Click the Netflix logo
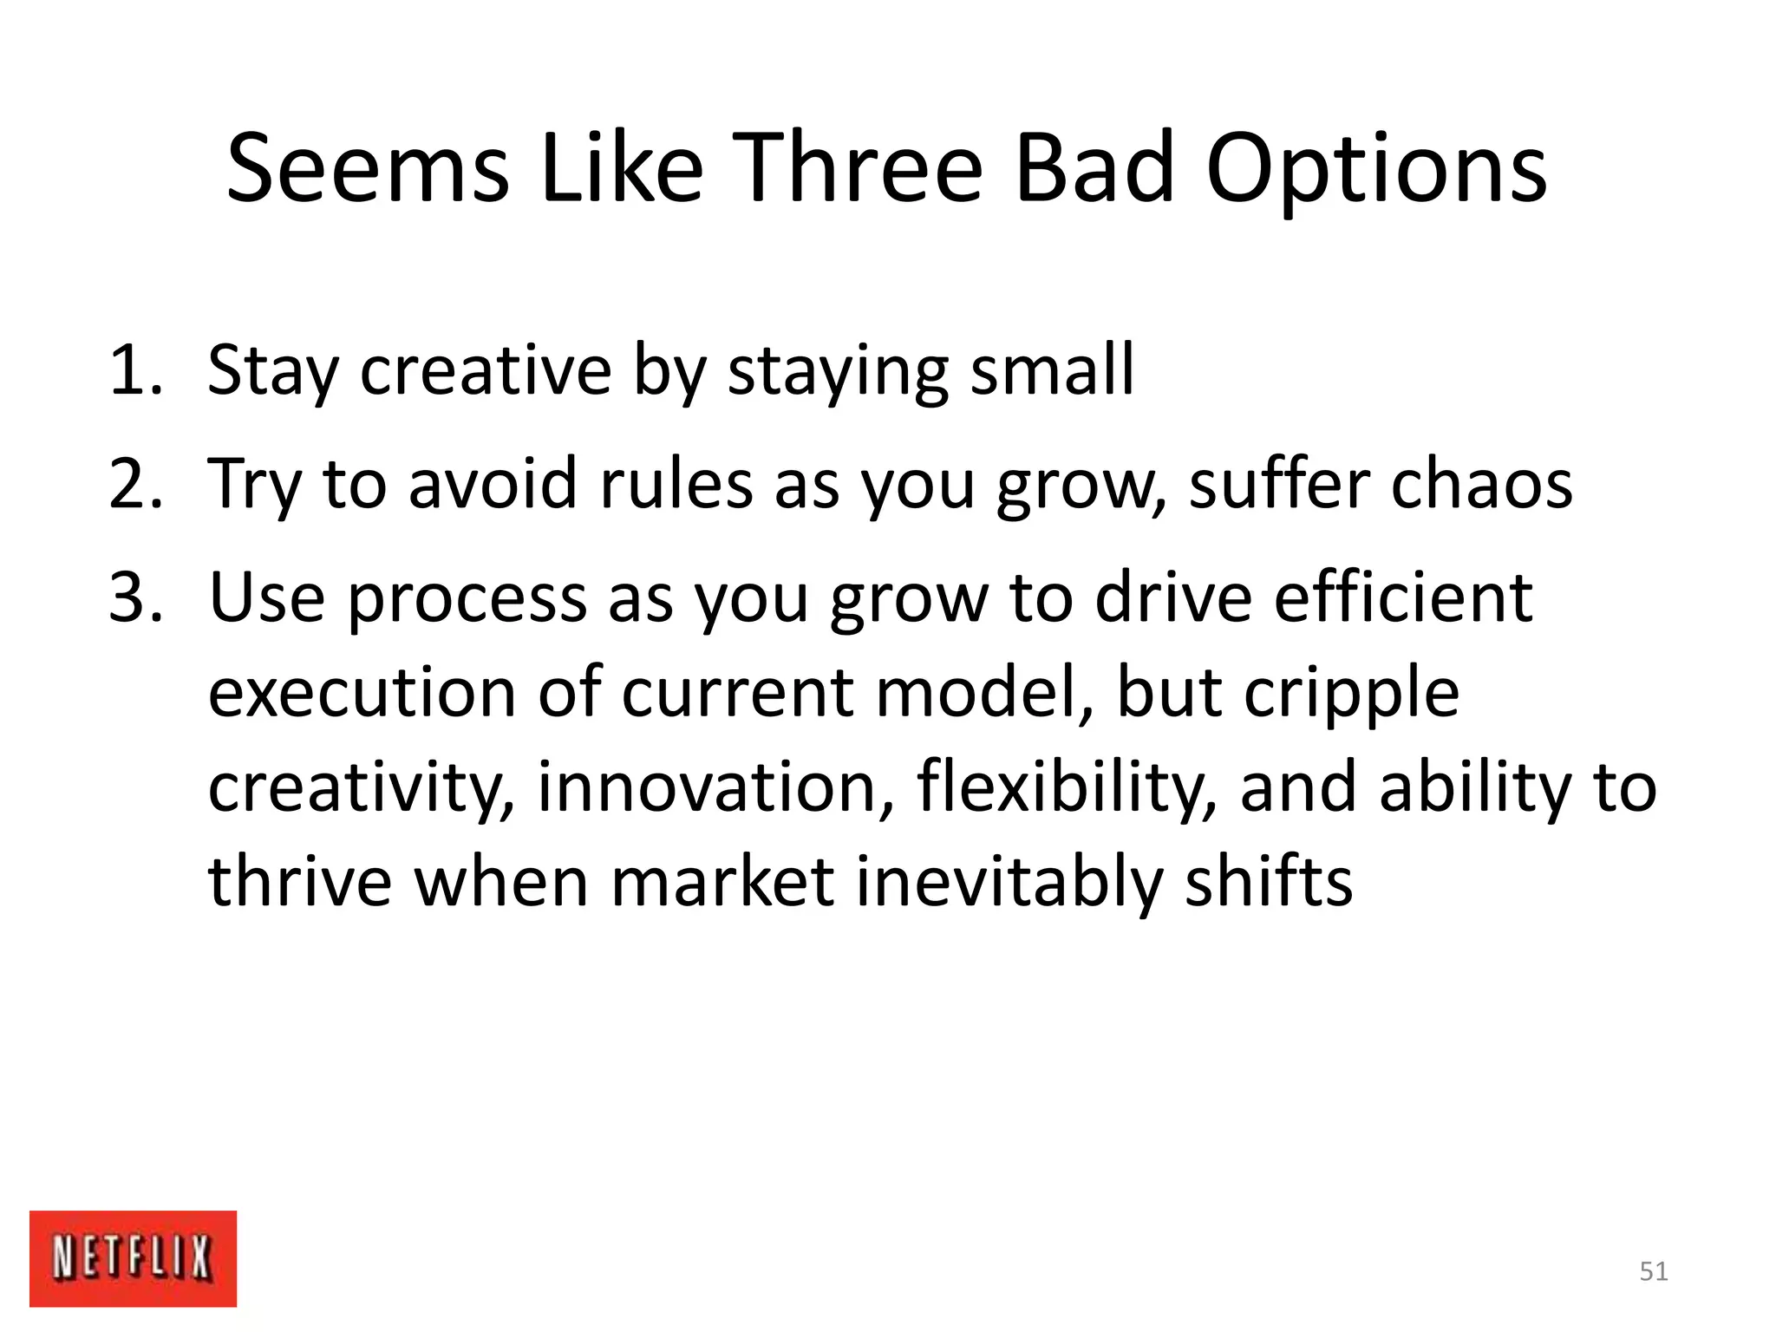pos(133,1257)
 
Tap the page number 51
pos(1654,1271)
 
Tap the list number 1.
pos(134,371)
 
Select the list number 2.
pos(134,484)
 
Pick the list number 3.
pos(134,597)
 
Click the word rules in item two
pos(676,484)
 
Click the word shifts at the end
pos(1268,881)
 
